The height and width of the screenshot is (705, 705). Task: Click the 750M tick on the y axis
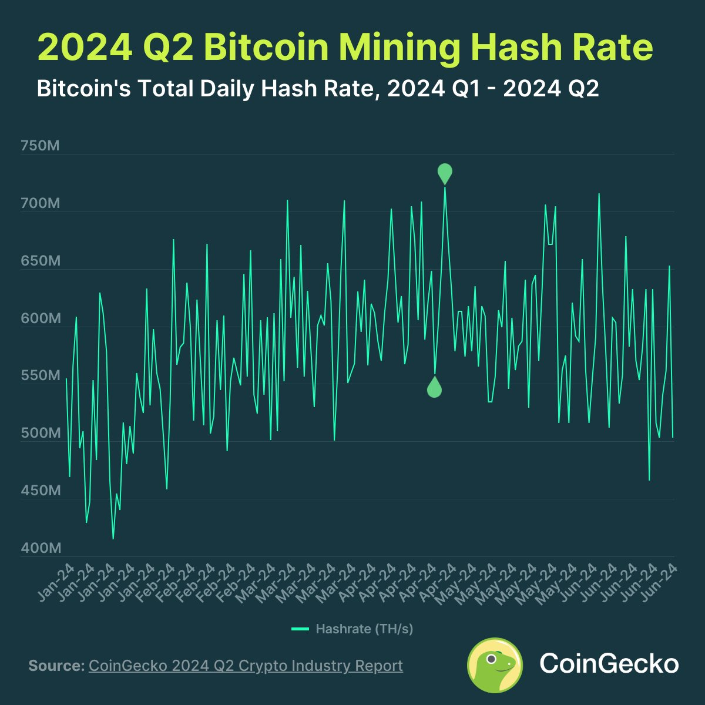(41, 146)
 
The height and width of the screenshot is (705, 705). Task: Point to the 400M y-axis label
(41, 548)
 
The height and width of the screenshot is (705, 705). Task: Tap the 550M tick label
(41, 375)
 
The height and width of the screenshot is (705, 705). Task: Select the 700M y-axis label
(41, 204)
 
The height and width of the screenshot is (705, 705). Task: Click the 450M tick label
(41, 491)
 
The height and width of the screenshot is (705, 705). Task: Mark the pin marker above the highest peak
(445, 173)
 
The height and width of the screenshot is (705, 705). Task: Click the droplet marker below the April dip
(434, 388)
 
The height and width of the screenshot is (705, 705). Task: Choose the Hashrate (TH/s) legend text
(364, 629)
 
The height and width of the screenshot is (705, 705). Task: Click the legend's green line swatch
(300, 629)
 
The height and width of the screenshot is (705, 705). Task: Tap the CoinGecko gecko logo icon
(495, 665)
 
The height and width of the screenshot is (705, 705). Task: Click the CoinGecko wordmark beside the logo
(609, 664)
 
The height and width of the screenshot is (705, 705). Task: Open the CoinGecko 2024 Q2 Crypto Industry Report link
(246, 666)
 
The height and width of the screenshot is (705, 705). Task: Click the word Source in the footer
(56, 666)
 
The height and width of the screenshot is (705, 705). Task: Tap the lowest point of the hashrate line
(113, 538)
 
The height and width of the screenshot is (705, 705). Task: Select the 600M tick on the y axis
(41, 318)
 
